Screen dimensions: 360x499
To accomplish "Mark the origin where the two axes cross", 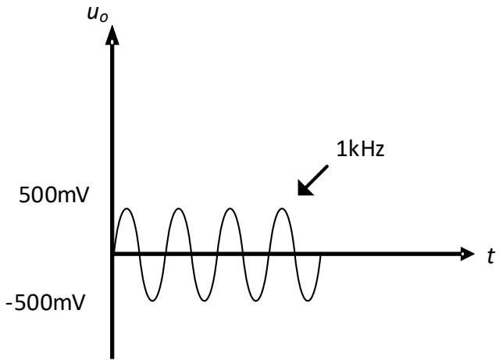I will tap(114, 254).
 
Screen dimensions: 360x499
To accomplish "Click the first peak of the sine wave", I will tap(127, 209).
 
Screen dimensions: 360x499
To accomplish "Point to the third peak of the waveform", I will tap(230, 209).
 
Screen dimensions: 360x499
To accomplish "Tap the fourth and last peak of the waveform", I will tap(282, 209).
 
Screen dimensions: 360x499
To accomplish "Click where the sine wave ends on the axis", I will tap(321, 254).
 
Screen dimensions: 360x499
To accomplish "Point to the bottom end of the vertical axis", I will tap(114, 355).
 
